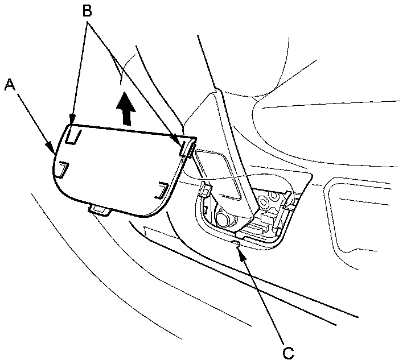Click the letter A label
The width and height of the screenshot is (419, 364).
click(9, 85)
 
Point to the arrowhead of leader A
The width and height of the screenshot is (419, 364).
click(54, 152)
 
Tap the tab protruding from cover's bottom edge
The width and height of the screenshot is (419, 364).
click(99, 210)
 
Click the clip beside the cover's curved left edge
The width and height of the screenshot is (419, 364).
click(61, 169)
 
